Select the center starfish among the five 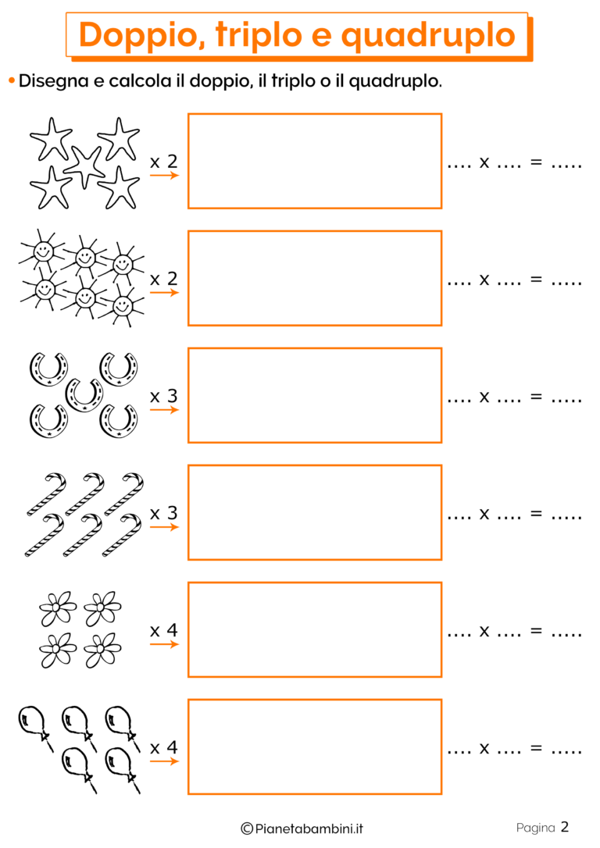point(84,167)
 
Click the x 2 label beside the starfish point(164,161)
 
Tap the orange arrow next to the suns point(165,293)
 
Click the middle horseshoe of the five point(84,395)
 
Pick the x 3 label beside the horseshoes point(164,396)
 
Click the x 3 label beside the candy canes point(164,513)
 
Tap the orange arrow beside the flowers point(165,644)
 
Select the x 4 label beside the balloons point(164,747)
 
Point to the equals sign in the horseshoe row point(536,397)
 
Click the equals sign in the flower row point(536,631)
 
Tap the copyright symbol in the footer point(247,828)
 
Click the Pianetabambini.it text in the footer point(309,828)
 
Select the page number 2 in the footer point(565,827)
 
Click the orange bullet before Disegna point(12,81)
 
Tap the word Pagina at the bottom point(536,828)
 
